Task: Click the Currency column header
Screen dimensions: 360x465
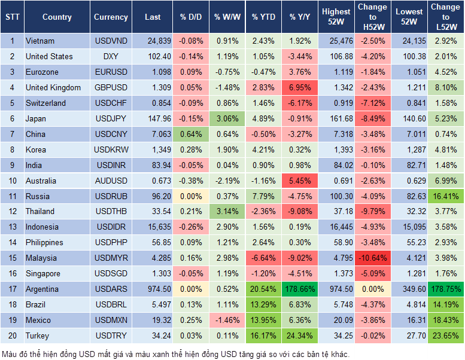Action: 111,17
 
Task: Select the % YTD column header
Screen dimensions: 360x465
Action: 263,17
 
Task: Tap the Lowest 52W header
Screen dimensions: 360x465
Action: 410,17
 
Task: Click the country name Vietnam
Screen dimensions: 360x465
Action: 40,41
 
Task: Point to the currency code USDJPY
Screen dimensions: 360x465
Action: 111,118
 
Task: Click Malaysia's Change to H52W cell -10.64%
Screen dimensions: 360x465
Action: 372,258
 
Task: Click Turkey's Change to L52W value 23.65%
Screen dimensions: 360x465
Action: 446,335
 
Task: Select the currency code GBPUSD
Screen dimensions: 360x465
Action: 111,88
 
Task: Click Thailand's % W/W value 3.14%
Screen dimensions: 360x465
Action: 227,212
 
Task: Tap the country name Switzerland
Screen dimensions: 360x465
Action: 45,103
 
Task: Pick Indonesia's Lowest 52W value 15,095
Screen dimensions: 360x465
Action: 410,227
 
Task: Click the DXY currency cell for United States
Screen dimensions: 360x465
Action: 111,57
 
